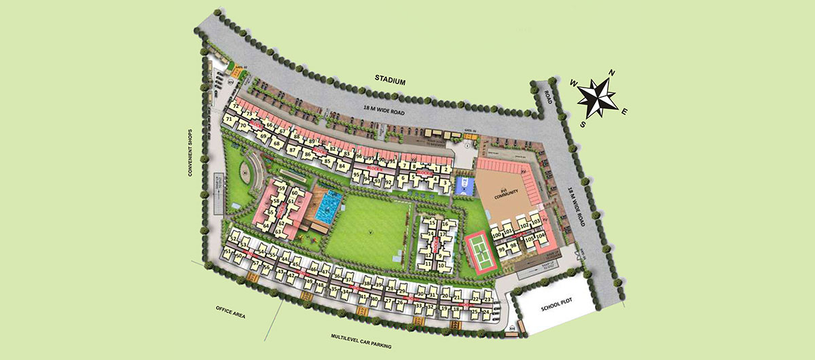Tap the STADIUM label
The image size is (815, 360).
[x=390, y=81]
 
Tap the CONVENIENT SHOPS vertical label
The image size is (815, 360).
[x=192, y=154]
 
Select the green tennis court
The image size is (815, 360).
[x=483, y=254]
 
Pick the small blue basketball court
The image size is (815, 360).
[x=464, y=186]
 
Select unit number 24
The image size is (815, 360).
[x=486, y=312]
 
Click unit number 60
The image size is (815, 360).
[x=294, y=194]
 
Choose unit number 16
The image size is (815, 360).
[x=445, y=223]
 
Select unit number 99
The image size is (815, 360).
[x=502, y=249]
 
